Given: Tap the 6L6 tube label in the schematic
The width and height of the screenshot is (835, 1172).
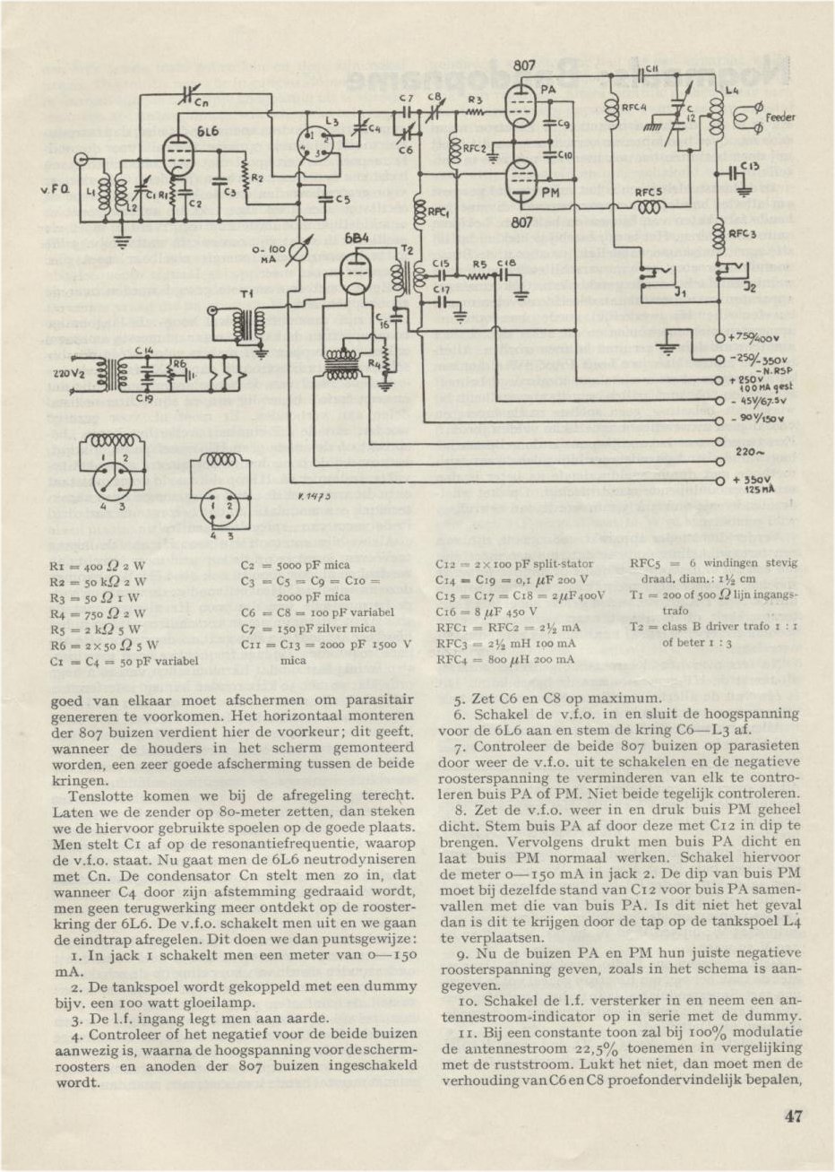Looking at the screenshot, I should tap(208, 132).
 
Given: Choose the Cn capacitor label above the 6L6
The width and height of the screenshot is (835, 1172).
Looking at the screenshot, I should tap(202, 103).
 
